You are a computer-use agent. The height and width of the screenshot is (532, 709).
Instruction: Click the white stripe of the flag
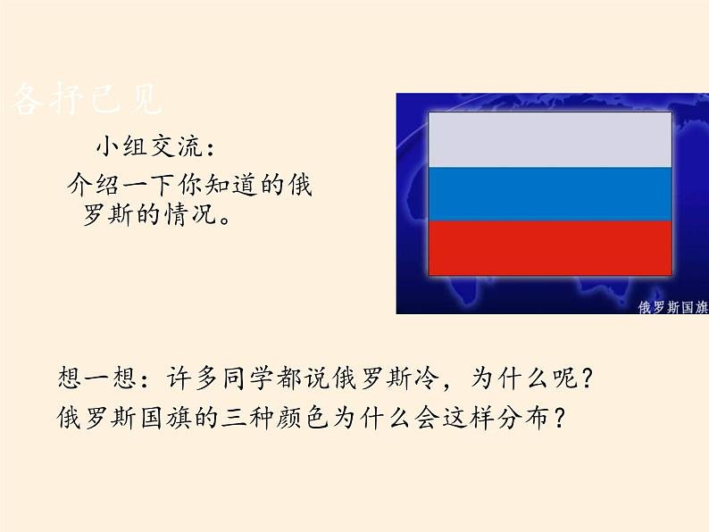(550, 139)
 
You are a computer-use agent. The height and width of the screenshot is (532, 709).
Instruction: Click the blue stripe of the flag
(550, 194)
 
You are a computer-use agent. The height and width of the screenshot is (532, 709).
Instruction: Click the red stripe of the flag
(550, 248)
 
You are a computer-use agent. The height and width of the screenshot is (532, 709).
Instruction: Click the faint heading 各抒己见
(87, 101)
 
